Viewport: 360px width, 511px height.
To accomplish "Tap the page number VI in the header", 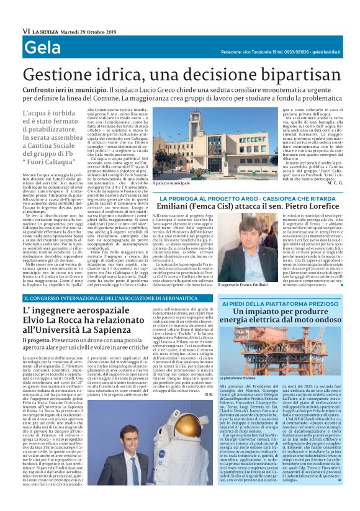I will point(25,30).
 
